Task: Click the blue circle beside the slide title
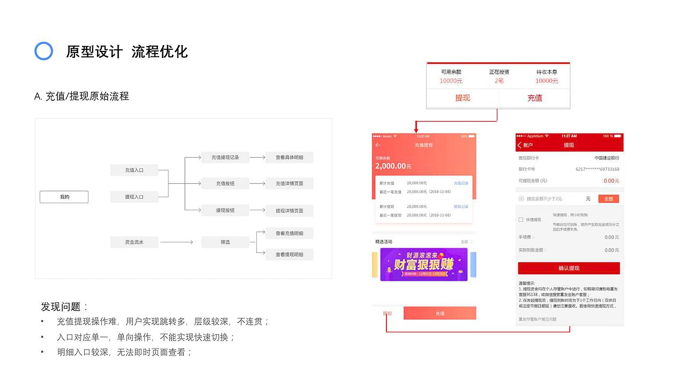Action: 43,51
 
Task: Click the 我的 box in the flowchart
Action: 64,197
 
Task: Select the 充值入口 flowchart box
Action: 134,170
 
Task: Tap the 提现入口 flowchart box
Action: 134,197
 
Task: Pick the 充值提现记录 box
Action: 225,158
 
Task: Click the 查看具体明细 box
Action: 289,158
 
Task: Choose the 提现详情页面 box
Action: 289,211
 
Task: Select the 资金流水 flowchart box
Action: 134,242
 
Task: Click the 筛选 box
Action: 225,242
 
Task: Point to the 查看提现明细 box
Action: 289,255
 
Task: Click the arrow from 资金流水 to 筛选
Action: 176,242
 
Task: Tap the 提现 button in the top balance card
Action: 463,98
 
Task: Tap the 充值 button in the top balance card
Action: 534,98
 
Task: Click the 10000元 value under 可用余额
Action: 451,81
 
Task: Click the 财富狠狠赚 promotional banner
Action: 423,264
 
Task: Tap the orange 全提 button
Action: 608,199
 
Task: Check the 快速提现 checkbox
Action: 521,220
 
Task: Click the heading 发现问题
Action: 64,307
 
